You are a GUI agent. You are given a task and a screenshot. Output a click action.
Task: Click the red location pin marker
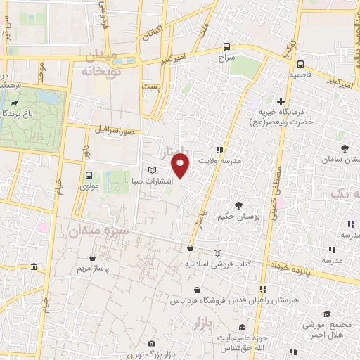tap(181, 165)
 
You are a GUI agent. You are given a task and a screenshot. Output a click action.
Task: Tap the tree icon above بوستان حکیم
tap(238, 205)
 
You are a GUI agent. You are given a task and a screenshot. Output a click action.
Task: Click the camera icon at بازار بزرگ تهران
tap(151, 343)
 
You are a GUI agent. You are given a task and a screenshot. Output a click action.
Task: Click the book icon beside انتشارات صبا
tap(153, 170)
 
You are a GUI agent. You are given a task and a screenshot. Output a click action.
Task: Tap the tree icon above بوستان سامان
tap(344, 148)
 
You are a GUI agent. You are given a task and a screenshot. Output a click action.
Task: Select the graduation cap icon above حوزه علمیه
tap(242, 328)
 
